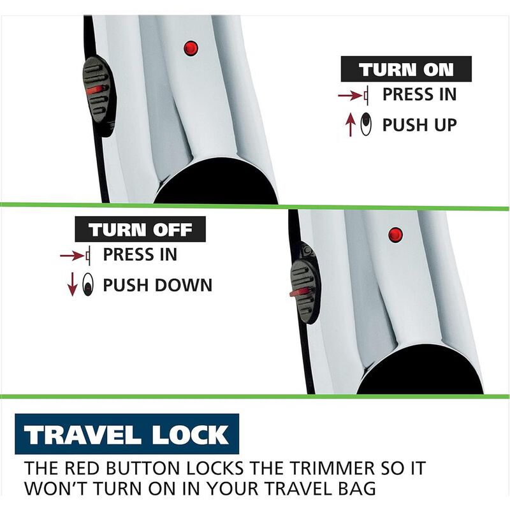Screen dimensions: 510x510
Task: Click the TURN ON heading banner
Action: tap(406, 69)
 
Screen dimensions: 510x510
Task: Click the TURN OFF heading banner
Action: tap(140, 229)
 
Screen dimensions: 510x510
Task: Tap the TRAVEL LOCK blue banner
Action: tap(127, 434)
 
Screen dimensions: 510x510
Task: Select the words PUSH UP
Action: tap(419, 125)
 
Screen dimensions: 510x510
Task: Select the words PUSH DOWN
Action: tap(157, 285)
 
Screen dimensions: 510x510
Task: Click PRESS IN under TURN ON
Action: tap(419, 94)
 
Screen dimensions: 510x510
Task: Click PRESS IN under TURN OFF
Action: tap(140, 254)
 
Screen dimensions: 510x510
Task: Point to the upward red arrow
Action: tap(350, 124)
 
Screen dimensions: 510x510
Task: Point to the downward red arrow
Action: tap(73, 284)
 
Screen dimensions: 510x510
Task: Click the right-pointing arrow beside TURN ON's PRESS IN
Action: tap(350, 96)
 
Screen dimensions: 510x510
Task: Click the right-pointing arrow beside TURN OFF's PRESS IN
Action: tap(72, 256)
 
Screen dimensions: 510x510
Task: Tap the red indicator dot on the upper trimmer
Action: tap(191, 48)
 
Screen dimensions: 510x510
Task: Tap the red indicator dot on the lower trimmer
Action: tap(395, 235)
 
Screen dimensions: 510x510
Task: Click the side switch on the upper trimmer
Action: tap(99, 96)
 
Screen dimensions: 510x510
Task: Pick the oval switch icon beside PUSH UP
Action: tap(366, 124)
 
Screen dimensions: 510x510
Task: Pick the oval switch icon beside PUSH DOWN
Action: tap(88, 284)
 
